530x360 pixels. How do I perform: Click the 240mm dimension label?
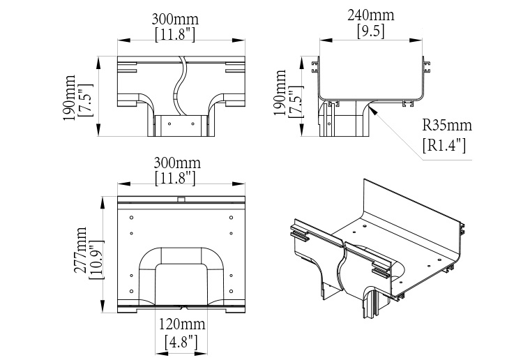click(370, 15)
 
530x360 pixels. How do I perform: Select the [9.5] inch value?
click(370, 31)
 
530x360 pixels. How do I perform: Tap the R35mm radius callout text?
click(447, 126)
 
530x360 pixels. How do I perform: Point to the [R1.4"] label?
click(444, 145)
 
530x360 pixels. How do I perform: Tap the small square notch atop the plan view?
click(181, 199)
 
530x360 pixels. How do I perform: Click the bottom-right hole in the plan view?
click(231, 290)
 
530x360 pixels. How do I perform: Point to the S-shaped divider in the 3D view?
click(342, 269)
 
